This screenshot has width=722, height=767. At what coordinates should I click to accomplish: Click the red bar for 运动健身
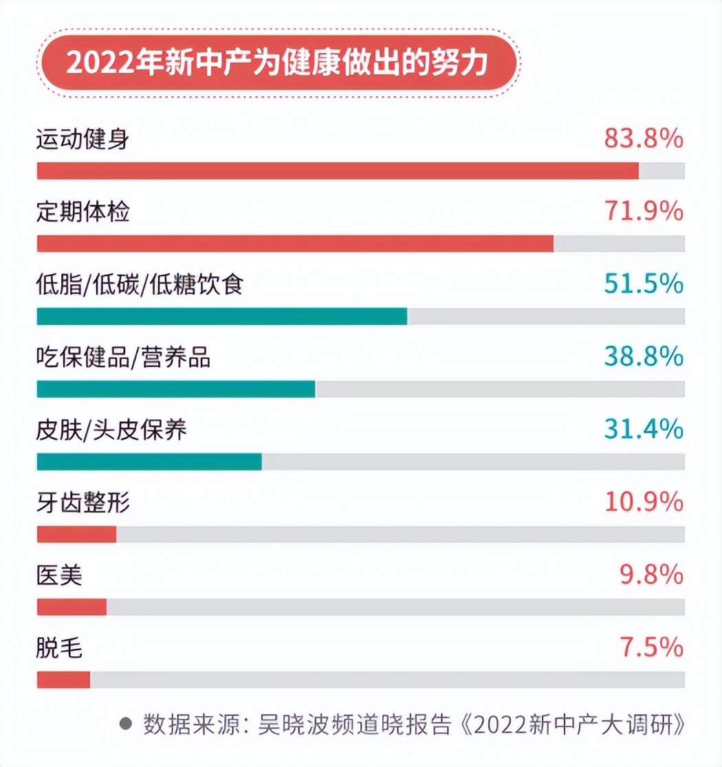tap(337, 171)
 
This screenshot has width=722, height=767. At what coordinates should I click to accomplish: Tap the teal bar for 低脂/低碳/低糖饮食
tap(221, 316)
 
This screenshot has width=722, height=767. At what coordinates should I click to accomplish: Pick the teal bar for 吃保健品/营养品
tap(175, 389)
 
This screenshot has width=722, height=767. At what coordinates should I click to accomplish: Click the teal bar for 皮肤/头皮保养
tap(149, 462)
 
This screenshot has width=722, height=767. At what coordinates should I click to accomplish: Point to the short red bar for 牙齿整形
tap(76, 535)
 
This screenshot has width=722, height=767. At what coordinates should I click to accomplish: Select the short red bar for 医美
tap(72, 608)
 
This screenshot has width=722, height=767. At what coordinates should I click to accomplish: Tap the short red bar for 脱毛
tap(63, 680)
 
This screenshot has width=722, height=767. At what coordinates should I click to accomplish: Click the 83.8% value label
tap(644, 139)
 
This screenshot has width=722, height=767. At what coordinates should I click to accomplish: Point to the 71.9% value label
tap(644, 212)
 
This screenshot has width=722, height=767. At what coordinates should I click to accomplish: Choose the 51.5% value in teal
tap(644, 284)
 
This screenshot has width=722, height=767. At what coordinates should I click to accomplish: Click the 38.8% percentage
tap(644, 357)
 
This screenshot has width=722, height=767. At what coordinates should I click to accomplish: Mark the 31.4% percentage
tap(644, 430)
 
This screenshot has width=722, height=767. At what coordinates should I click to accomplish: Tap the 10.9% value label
tap(644, 502)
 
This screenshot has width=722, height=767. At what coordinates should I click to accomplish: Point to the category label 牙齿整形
tap(83, 503)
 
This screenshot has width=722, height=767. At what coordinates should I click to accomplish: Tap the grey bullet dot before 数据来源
tap(125, 724)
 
